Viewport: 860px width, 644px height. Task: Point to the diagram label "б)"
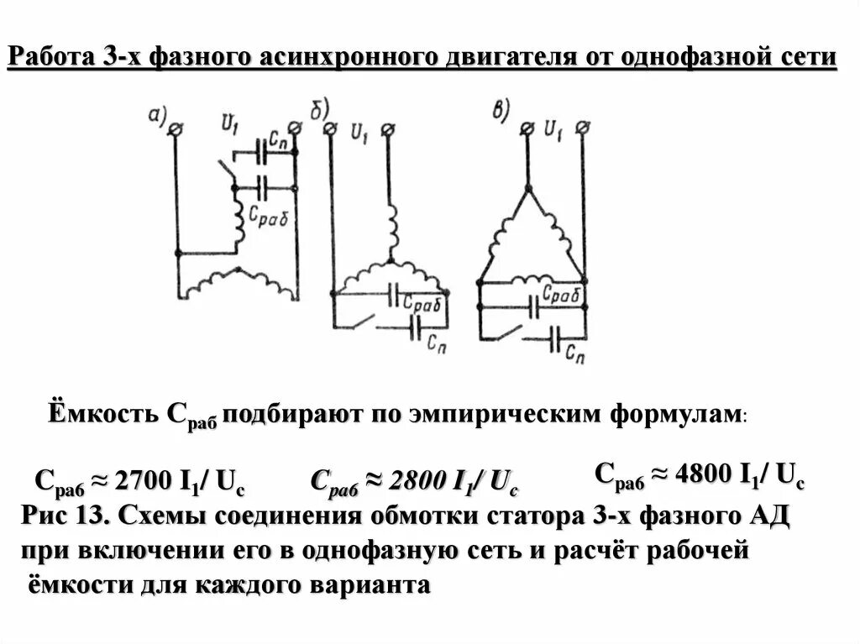(x=327, y=109)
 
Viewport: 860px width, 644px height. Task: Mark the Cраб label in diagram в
(x=561, y=294)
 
